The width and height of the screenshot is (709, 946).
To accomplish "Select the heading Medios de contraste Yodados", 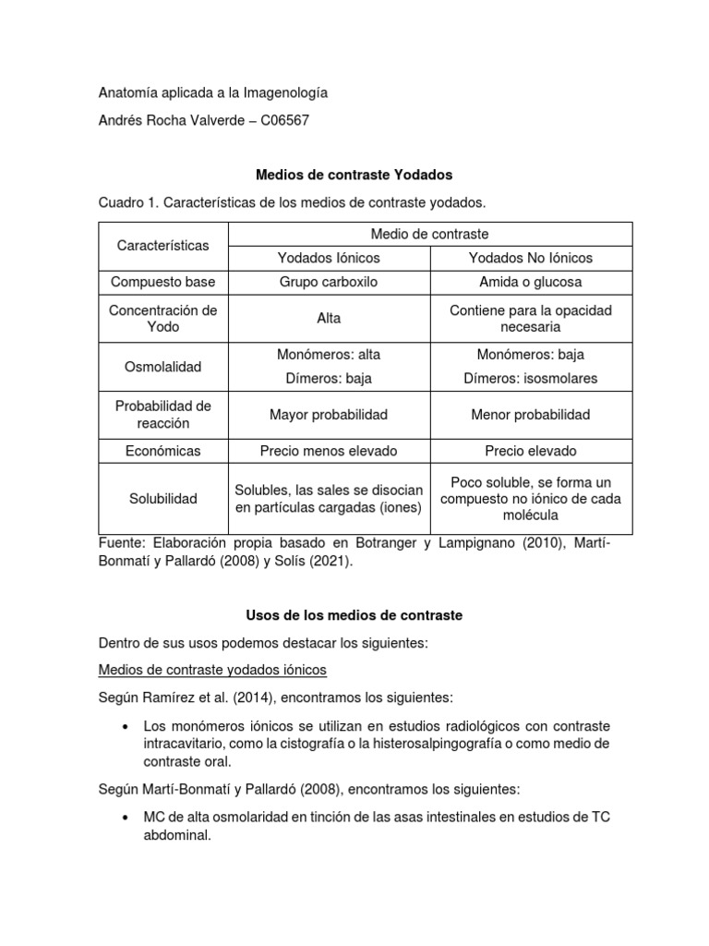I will tap(354, 174).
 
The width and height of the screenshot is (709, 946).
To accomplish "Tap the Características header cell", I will tap(163, 246).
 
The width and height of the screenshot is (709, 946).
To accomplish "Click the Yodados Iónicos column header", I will tap(329, 258).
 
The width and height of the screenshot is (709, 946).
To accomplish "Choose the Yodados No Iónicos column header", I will tap(530, 258).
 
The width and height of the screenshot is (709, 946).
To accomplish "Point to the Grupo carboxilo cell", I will tap(329, 282).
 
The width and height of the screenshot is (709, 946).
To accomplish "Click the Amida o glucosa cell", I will tap(530, 282).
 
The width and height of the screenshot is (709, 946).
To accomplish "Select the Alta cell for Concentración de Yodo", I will tap(329, 318).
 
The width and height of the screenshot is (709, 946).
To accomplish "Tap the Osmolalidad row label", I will tap(163, 367).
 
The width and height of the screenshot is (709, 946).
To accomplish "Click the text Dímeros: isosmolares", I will tap(530, 379).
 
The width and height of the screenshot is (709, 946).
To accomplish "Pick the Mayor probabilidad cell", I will tap(329, 415).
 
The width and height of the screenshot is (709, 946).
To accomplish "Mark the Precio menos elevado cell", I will tap(329, 451).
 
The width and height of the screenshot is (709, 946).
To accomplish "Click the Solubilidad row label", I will tap(163, 499).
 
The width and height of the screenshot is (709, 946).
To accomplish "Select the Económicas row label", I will tap(163, 451).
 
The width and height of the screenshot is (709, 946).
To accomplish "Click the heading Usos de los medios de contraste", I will tap(354, 614).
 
